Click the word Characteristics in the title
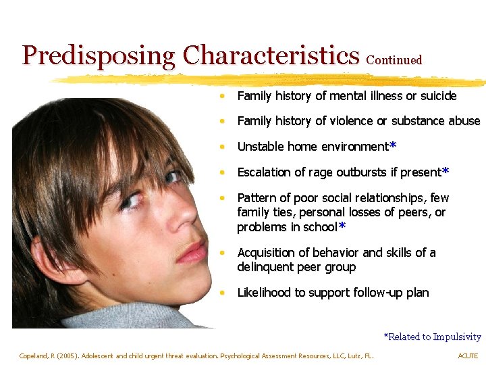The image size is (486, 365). click(271, 55)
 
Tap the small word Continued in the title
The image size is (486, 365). click(394, 60)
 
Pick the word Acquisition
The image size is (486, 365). click(266, 253)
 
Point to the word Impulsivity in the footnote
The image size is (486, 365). click(457, 337)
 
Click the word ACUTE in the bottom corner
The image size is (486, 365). click(468, 356)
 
